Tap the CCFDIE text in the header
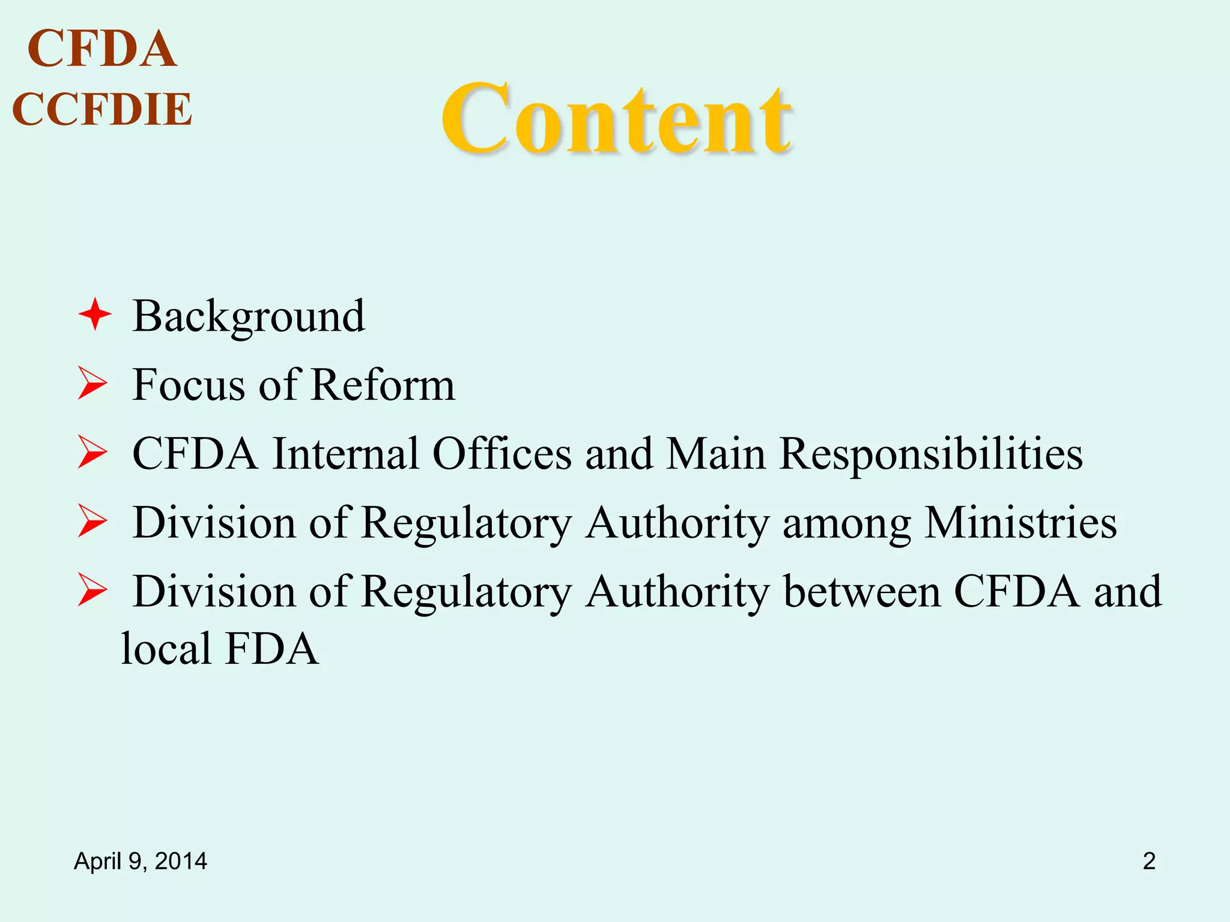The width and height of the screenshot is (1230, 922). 102,109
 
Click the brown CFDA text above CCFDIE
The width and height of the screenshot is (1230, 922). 102,49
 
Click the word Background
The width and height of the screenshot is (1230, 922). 248,316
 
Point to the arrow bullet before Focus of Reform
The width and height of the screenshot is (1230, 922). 92,384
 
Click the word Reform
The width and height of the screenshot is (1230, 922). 383,385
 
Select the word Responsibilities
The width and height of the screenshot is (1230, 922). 930,454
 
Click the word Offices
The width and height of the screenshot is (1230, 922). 501,454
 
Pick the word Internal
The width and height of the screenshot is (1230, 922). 345,454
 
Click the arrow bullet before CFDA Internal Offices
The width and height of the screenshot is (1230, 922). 92,453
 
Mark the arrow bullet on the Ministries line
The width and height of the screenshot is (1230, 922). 92,522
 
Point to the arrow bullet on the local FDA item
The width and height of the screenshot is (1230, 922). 92,591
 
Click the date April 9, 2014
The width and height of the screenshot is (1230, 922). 141,861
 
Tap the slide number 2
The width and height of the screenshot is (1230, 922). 1149,861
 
